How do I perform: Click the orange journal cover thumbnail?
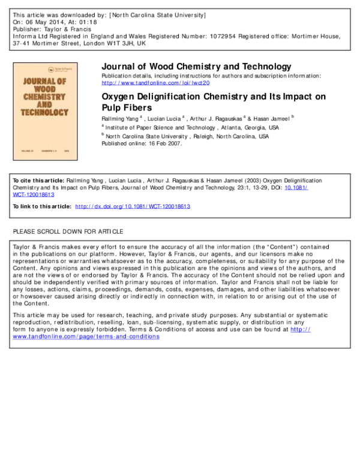[45, 112]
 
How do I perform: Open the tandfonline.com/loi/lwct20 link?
[155, 83]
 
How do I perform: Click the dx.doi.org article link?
[133, 207]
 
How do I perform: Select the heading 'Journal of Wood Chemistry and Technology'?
[196, 66]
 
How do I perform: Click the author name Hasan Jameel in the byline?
[271, 119]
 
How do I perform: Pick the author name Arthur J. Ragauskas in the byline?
[216, 119]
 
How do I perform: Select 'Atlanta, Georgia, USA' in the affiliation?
[250, 128]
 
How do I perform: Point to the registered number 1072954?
[223, 36]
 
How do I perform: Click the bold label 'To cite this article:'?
[38, 181]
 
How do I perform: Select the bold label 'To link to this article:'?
[42, 207]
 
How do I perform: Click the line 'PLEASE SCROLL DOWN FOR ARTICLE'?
[68, 232]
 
